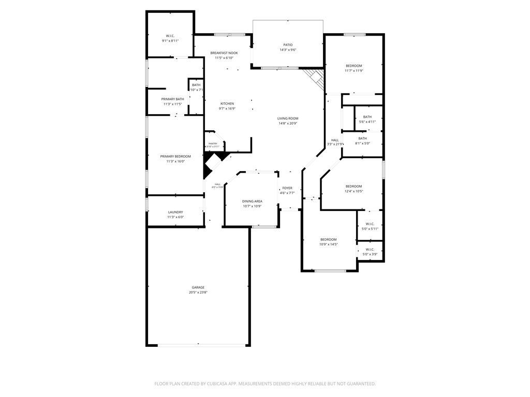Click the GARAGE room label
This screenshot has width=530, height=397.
tap(198, 287)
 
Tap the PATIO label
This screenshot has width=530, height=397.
tap(288, 45)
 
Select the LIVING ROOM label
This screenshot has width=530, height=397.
tap(288, 118)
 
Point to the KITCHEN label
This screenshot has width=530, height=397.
tap(227, 103)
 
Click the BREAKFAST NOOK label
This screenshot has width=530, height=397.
tap(224, 53)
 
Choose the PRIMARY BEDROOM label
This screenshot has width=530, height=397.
tap(175, 156)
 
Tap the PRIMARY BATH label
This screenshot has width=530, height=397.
tap(172, 99)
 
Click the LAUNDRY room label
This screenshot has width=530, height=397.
tap(175, 212)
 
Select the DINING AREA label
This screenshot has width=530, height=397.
tap(252, 201)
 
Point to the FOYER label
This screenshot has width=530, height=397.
tap(287, 188)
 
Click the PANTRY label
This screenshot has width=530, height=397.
tap(213, 144)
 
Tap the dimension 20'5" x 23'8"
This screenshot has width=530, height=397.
tap(198, 293)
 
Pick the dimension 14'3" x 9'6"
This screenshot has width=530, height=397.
tap(288, 50)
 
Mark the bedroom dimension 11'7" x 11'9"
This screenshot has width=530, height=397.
tap(354, 71)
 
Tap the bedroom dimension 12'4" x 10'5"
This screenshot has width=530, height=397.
tap(354, 191)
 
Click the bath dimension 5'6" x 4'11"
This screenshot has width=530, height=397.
tap(367, 122)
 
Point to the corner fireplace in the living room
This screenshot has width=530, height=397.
tap(314, 78)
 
